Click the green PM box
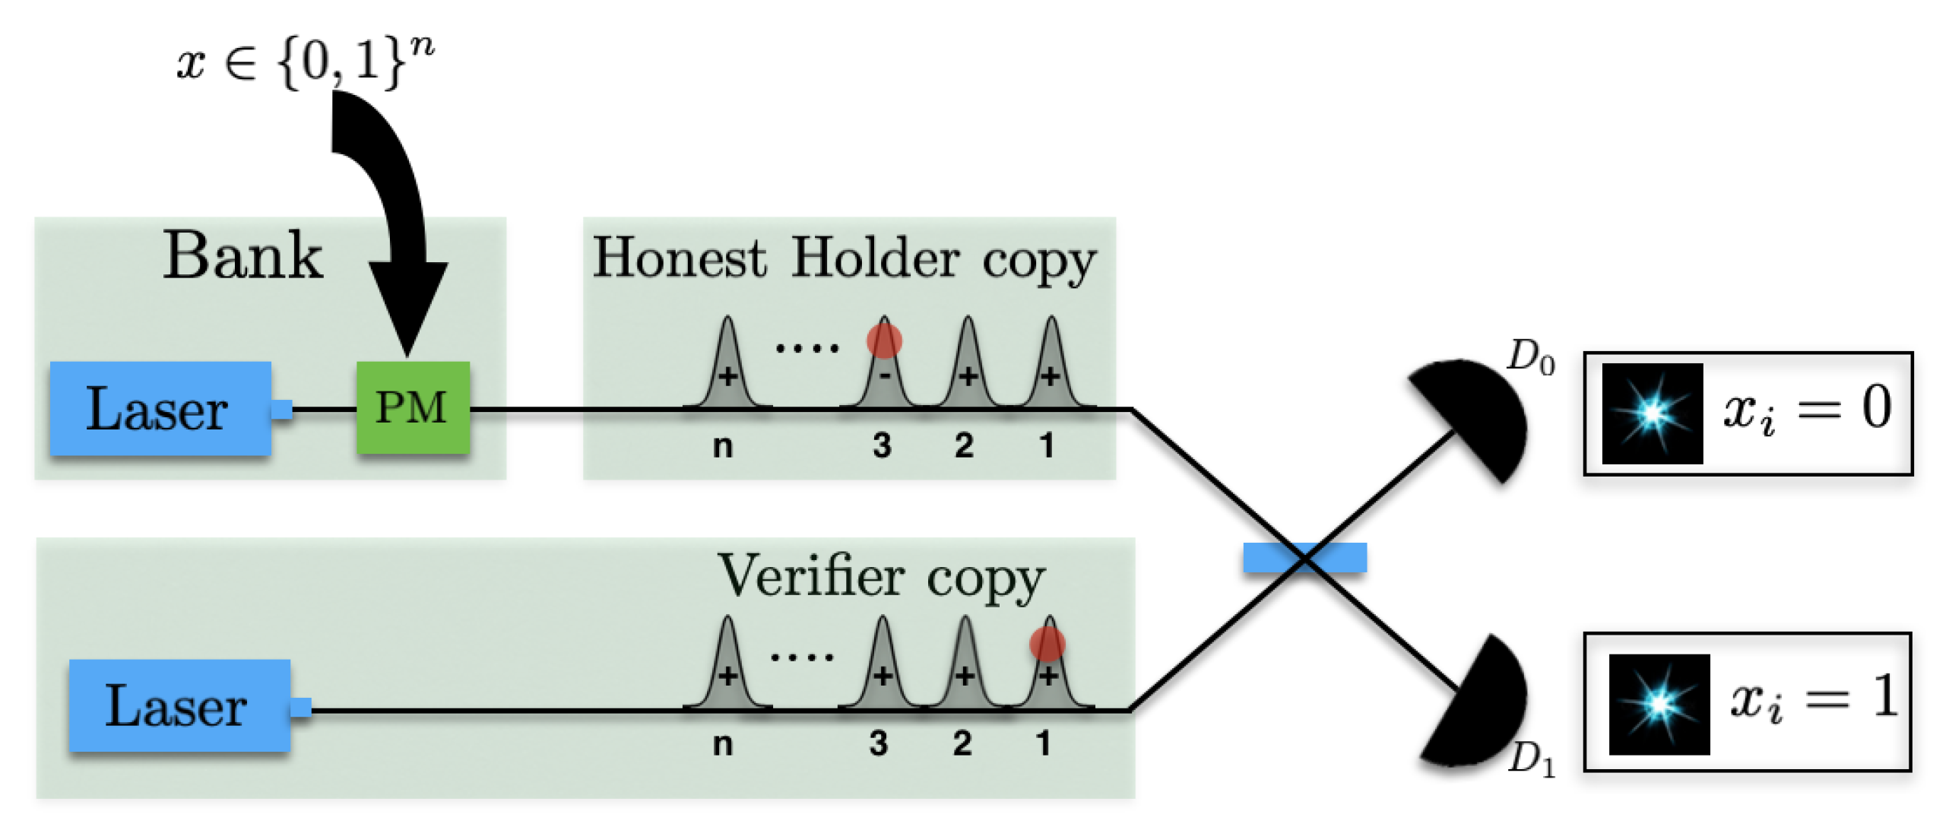coord(413,407)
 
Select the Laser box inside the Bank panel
coord(160,409)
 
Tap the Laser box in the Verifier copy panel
coord(179,706)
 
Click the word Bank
coord(243,256)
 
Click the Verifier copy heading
coord(882,578)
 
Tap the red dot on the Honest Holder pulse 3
coord(884,341)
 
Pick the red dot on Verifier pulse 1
coord(1047,644)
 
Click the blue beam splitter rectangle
coord(1304,557)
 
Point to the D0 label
coord(1530,357)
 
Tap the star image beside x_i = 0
coord(1652,413)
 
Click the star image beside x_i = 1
coord(1659,704)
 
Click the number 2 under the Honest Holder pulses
coord(964,445)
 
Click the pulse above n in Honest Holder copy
coord(727,365)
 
